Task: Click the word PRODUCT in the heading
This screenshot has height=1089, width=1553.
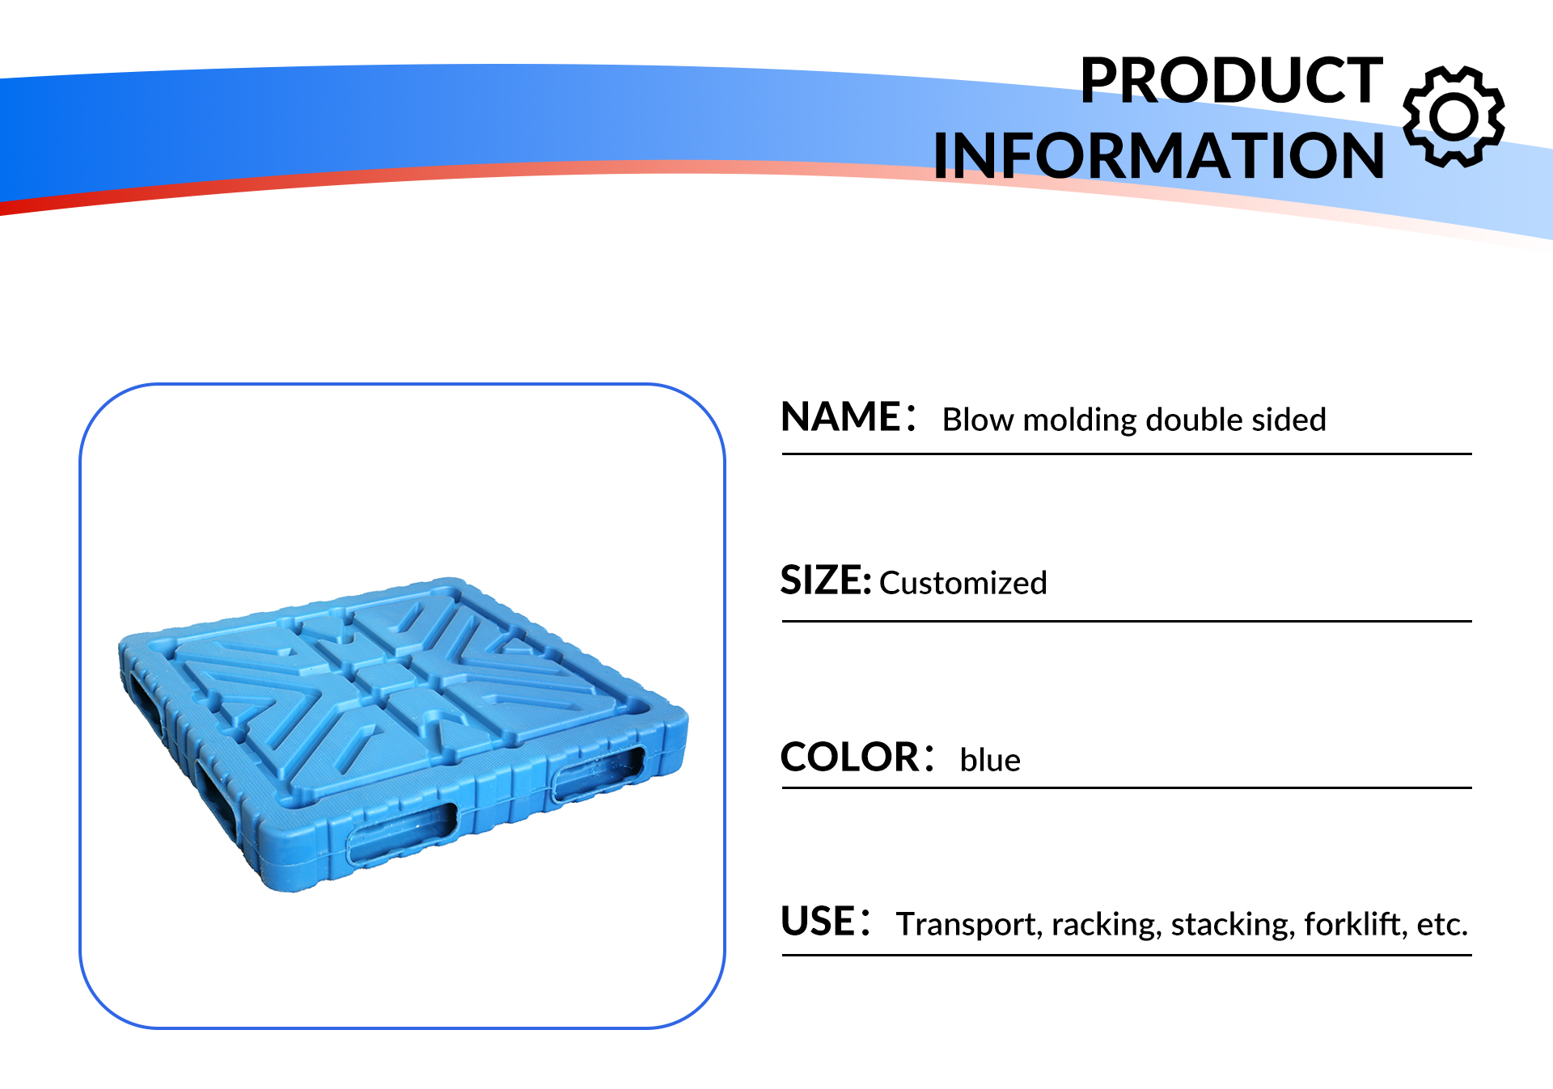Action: pyautogui.click(x=1231, y=80)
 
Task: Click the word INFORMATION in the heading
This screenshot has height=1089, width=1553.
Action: pyautogui.click(x=1158, y=155)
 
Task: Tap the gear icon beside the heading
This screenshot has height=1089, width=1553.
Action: pyautogui.click(x=1454, y=116)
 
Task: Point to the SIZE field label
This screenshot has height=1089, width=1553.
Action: pyautogui.click(x=825, y=580)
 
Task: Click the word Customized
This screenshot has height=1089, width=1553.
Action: pyautogui.click(x=963, y=583)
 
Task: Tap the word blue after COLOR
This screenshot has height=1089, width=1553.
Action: pyautogui.click(x=990, y=760)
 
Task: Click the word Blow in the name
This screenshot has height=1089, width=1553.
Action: pyautogui.click(x=978, y=420)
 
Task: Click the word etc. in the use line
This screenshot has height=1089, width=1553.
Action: pyautogui.click(x=1442, y=924)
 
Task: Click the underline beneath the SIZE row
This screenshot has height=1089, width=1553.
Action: pyautogui.click(x=1127, y=621)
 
